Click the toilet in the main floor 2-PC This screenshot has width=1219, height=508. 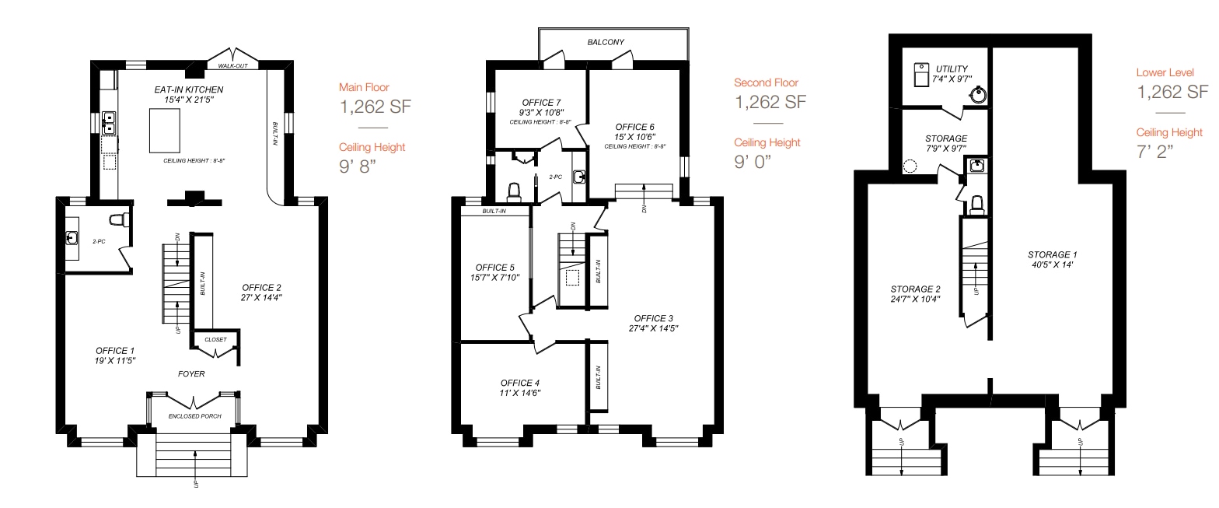click(x=119, y=220)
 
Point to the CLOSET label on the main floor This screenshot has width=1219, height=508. click(x=215, y=340)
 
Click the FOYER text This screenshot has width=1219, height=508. click(x=192, y=374)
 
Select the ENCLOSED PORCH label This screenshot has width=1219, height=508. click(x=195, y=416)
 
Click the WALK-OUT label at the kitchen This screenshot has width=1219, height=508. click(x=232, y=66)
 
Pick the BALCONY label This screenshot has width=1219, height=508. click(x=606, y=42)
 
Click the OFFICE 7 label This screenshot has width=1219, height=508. click(x=542, y=102)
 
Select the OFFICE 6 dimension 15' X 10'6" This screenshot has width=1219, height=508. click(x=634, y=137)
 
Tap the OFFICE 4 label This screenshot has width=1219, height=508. click(x=520, y=383)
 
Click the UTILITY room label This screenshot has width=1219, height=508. click(x=952, y=69)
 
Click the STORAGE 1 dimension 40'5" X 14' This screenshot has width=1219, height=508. click(x=1053, y=265)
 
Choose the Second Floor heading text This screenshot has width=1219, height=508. click(x=766, y=82)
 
